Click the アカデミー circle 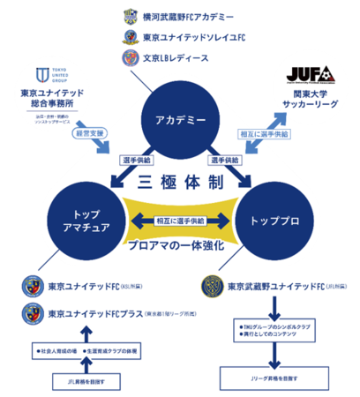pyautogui.click(x=179, y=118)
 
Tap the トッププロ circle pyautogui.click(x=281, y=220)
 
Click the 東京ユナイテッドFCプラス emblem pyautogui.click(x=32, y=312)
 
